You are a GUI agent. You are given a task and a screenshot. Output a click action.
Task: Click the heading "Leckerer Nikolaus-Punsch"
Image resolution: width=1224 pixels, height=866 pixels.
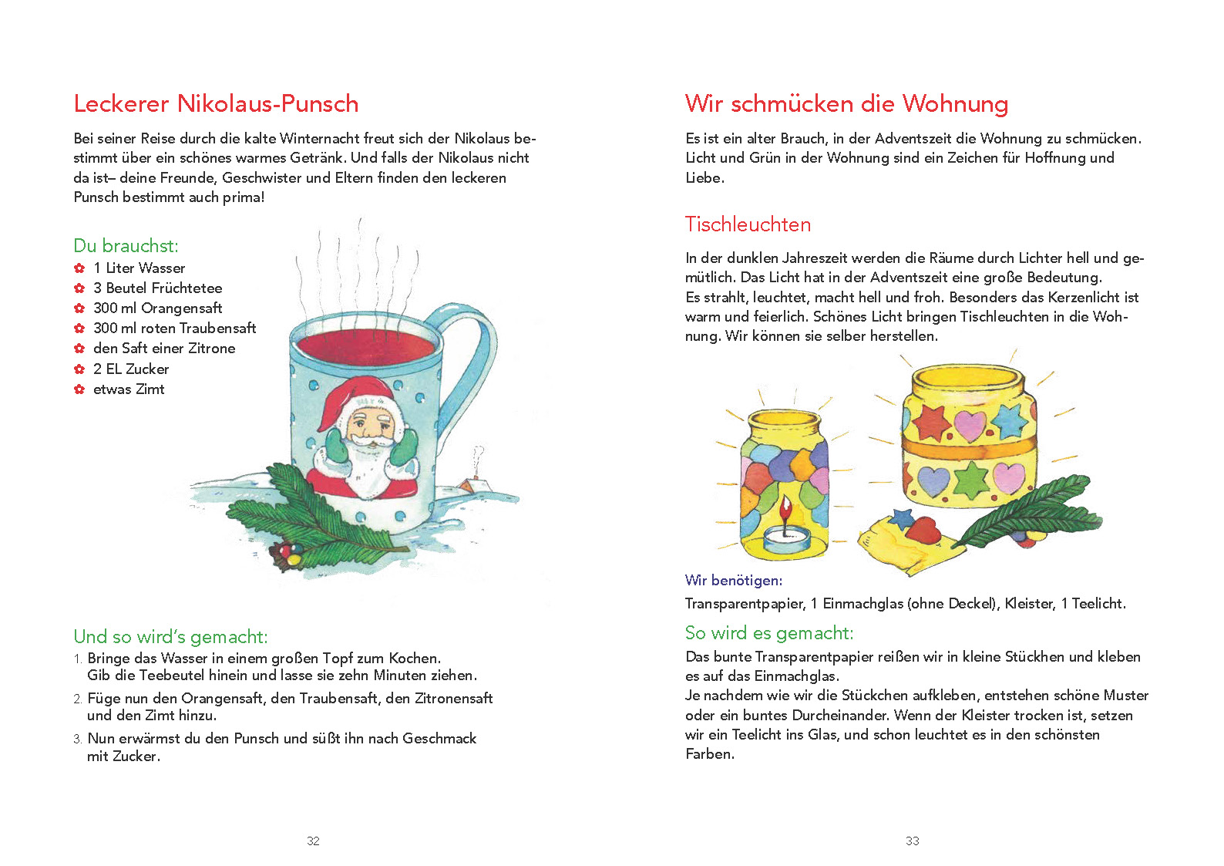pyautogui.click(x=216, y=103)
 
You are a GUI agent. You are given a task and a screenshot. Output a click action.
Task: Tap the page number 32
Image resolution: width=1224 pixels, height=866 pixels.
pyautogui.click(x=313, y=841)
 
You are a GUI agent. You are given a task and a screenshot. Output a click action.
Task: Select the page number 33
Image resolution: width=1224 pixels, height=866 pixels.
pyautogui.click(x=912, y=841)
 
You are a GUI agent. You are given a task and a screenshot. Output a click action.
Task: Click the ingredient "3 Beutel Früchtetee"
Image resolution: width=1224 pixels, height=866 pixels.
pyautogui.click(x=157, y=288)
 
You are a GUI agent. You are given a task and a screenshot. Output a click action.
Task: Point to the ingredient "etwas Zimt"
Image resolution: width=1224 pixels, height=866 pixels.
pyautogui.click(x=129, y=389)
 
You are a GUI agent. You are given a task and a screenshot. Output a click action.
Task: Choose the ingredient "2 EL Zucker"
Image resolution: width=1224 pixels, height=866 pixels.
pyautogui.click(x=131, y=369)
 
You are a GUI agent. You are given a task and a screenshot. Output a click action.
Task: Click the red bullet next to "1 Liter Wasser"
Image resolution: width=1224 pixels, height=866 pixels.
pyautogui.click(x=79, y=268)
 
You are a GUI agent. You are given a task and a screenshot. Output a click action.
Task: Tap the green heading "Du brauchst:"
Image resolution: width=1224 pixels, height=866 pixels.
pyautogui.click(x=126, y=246)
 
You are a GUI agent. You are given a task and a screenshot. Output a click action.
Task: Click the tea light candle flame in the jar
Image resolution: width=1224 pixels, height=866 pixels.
pyautogui.click(x=785, y=510)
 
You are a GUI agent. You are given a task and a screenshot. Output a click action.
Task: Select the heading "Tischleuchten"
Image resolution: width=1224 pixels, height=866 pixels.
pyautogui.click(x=748, y=224)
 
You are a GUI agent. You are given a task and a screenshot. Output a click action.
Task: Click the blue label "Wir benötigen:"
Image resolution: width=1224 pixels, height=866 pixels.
pyautogui.click(x=733, y=580)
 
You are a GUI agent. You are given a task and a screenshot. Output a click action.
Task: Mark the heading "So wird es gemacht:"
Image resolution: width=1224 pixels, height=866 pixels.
pyautogui.click(x=768, y=633)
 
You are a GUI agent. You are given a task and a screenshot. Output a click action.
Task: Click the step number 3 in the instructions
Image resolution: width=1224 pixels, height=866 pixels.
pyautogui.click(x=77, y=739)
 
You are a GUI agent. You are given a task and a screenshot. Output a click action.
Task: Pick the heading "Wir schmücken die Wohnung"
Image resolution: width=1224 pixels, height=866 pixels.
pyautogui.click(x=846, y=103)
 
